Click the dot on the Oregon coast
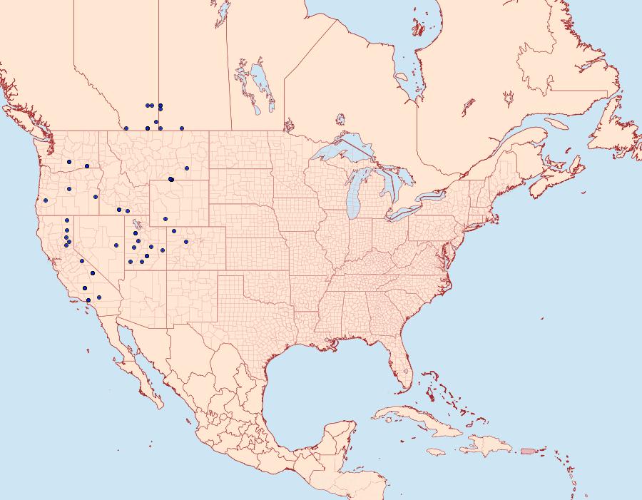(x=45, y=200)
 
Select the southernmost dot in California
(x=88, y=300)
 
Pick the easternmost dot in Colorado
(x=186, y=242)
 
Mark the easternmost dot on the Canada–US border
(x=182, y=128)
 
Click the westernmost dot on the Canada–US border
(x=126, y=128)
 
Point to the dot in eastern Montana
(x=187, y=168)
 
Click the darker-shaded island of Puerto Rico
(x=529, y=450)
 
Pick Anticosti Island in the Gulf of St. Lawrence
(x=557, y=123)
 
